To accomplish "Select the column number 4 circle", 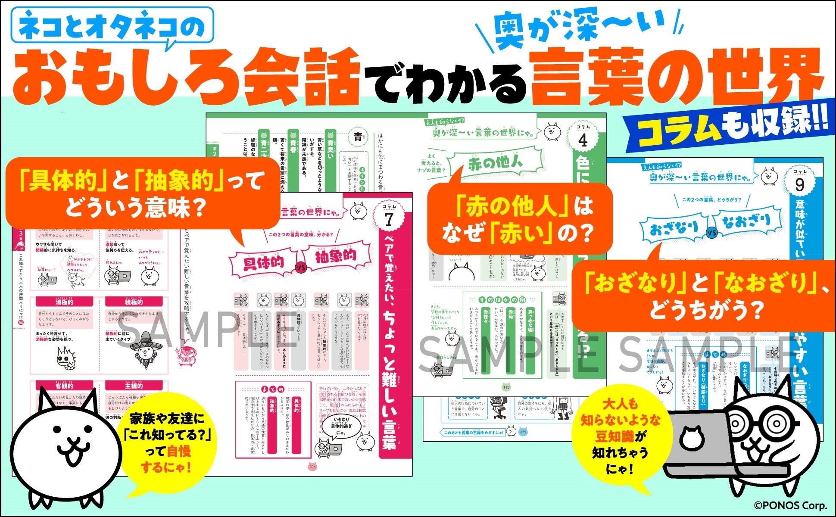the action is (x=582, y=139).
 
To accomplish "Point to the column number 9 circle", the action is (x=799, y=184).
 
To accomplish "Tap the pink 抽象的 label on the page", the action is (x=336, y=257).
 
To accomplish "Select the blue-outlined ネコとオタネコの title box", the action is (x=112, y=25).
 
